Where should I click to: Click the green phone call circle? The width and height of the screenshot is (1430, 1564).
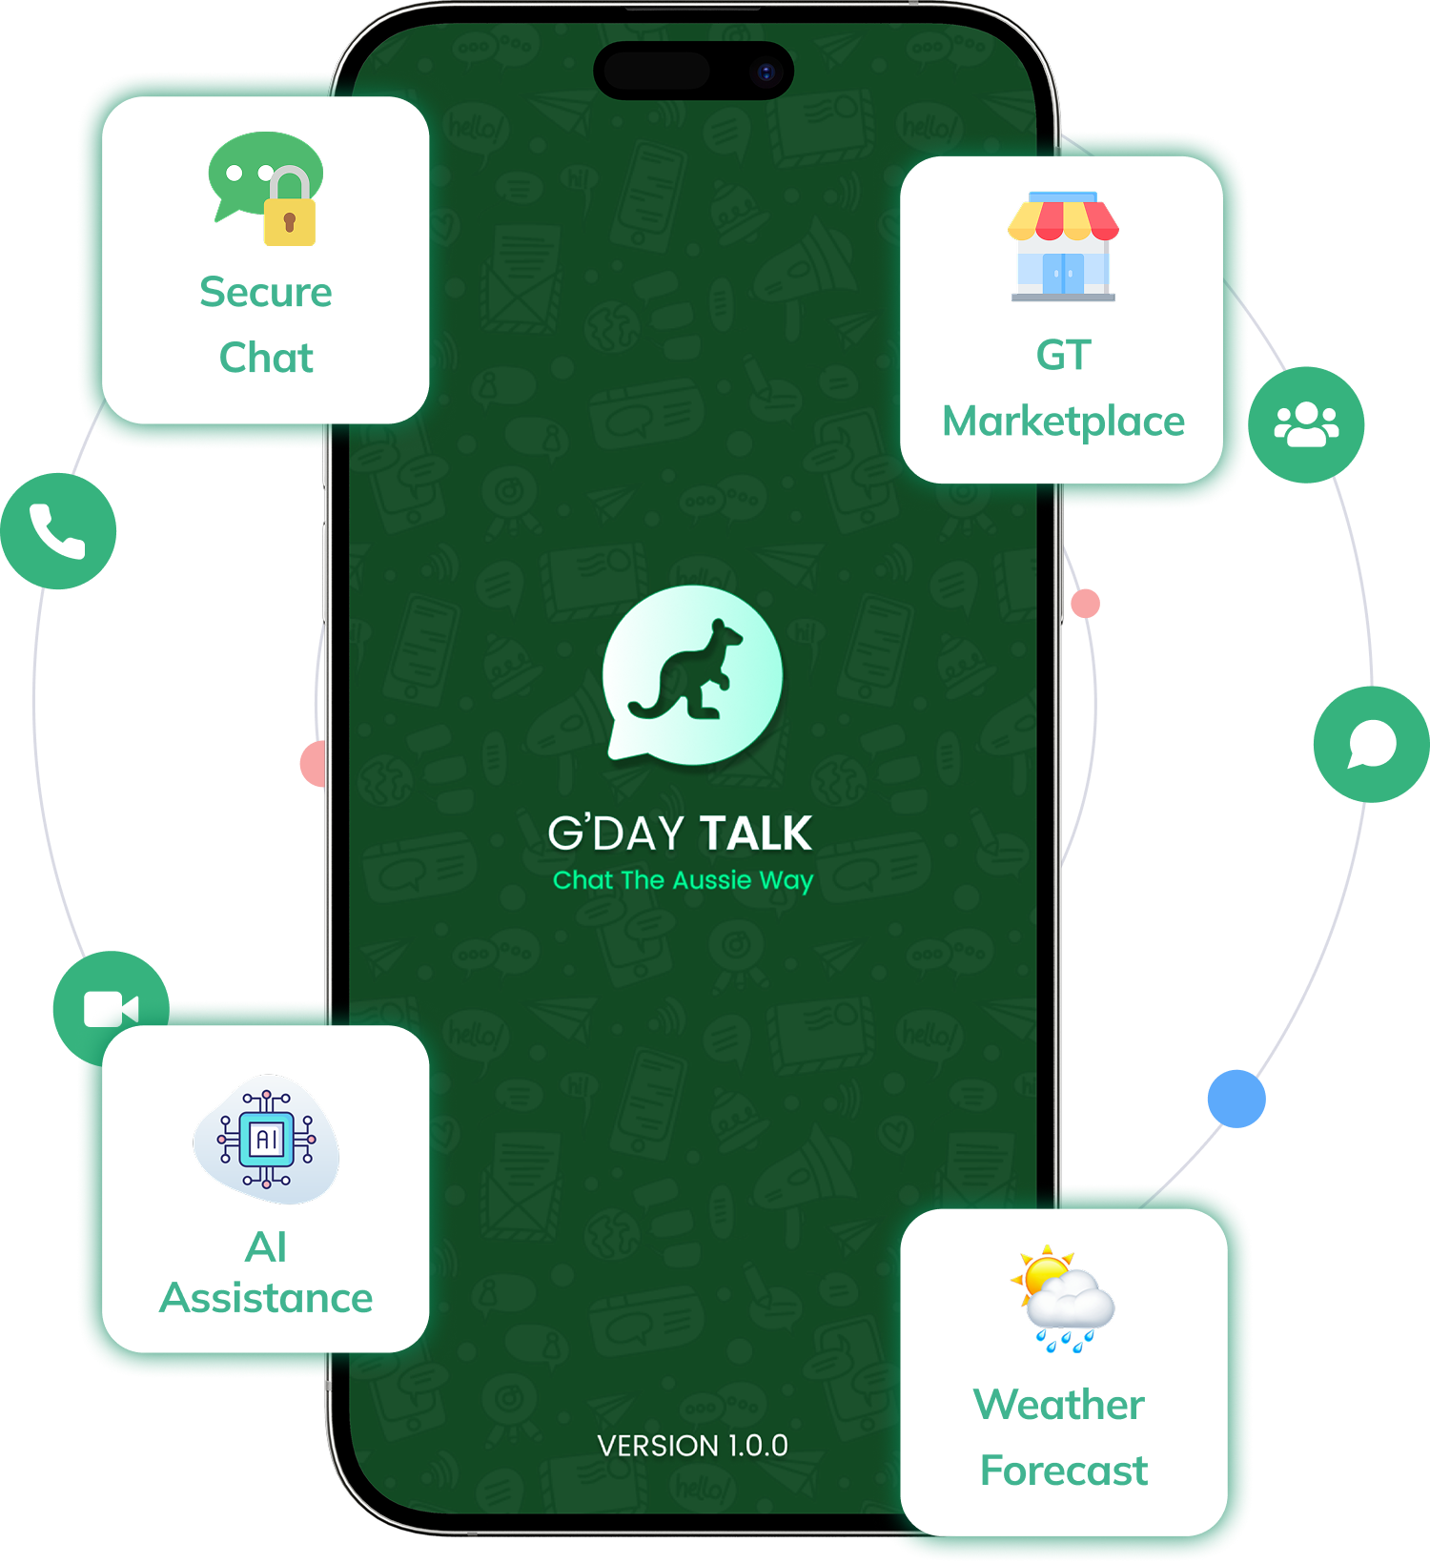[58, 531]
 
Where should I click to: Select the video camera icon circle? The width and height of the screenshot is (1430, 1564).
[111, 1008]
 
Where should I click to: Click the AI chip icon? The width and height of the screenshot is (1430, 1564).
[266, 1139]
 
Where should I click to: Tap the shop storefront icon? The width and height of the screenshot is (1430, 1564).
[1063, 246]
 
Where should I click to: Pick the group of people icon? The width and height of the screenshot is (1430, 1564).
[1306, 424]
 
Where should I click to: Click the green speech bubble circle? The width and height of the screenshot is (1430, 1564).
[1371, 744]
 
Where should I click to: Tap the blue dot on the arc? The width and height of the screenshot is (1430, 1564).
[1236, 1099]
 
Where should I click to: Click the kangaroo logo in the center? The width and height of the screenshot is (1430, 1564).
[693, 675]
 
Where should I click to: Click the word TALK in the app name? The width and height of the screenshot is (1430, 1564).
[755, 833]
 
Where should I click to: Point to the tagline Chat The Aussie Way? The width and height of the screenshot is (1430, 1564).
[683, 880]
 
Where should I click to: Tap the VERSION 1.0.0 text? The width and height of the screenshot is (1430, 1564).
[693, 1446]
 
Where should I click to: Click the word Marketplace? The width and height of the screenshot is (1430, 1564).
[1063, 422]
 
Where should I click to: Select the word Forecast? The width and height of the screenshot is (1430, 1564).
[1063, 1471]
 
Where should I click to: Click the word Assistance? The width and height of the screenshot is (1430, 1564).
[266, 1298]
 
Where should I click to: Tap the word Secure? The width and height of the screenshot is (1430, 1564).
[266, 292]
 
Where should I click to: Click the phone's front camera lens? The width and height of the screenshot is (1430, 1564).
[766, 72]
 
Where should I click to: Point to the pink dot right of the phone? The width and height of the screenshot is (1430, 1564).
[1085, 604]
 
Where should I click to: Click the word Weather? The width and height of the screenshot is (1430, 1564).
[1058, 1405]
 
